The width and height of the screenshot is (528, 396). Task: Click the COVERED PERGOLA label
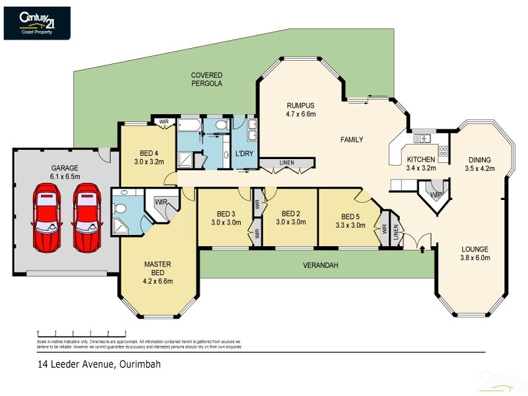point(207,80)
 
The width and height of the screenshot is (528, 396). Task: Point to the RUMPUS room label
point(300,105)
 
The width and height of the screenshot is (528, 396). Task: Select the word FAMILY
point(352,140)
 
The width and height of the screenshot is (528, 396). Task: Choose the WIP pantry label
point(435,195)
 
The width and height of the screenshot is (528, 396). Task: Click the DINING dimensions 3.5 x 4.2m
point(479,168)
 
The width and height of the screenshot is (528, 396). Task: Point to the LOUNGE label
point(475,249)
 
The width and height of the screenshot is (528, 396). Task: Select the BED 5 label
point(350,216)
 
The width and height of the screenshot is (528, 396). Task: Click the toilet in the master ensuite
point(119,208)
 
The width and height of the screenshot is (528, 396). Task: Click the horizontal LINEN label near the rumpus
point(286,163)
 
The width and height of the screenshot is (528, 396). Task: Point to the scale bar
point(82,333)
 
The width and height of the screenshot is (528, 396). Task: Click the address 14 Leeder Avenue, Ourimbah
point(98,364)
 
